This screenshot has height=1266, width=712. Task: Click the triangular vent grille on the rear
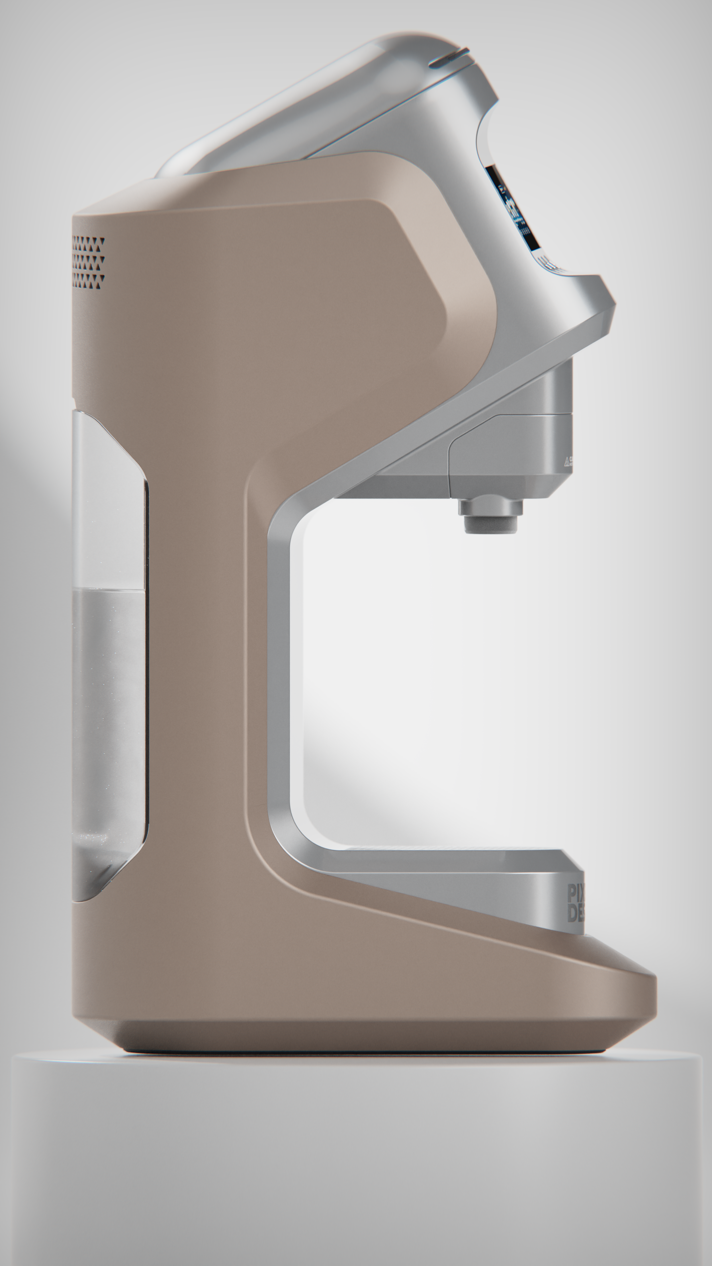coord(89,262)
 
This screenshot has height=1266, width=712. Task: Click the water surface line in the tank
coord(108,592)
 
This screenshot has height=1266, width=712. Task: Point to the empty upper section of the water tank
coord(108,501)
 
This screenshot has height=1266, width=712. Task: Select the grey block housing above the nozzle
coord(512,452)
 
